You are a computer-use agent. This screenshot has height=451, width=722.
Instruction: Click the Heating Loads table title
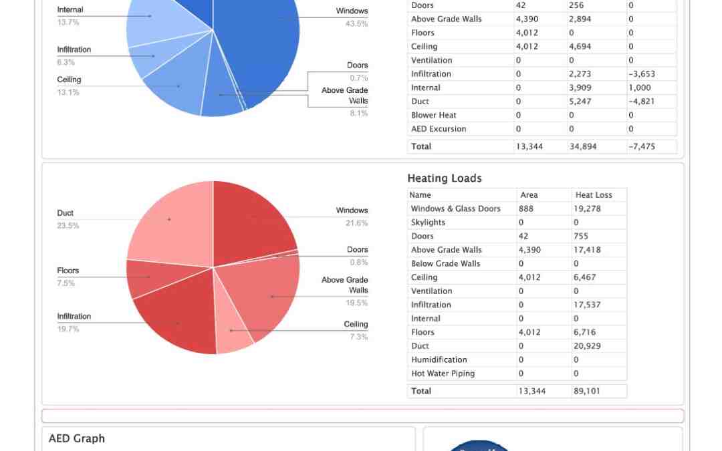[444, 178]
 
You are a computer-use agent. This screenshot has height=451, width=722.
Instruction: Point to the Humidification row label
[439, 359]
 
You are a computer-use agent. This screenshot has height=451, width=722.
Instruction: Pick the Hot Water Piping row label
[443, 373]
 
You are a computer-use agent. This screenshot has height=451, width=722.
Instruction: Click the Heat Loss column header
[594, 195]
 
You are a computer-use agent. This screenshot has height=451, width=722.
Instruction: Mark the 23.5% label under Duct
[68, 226]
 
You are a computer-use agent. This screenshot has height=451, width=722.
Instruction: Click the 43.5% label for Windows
[356, 24]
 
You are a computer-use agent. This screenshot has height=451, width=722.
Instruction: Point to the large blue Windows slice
[267, 47]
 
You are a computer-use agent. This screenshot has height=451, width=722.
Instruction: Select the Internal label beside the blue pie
[70, 10]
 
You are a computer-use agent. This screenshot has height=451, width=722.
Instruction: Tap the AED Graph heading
[76, 438]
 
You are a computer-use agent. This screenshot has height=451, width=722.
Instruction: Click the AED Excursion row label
[439, 129]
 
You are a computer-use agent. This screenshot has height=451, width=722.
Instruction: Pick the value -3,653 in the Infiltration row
[642, 74]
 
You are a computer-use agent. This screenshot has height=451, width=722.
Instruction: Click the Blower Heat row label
[433, 115]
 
